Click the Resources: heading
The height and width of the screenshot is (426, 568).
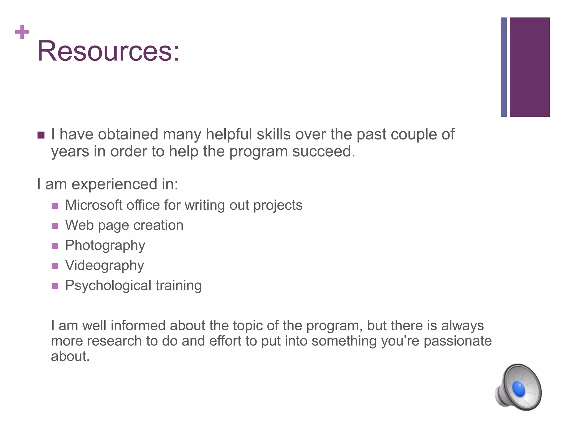pyautogui.click(x=108, y=51)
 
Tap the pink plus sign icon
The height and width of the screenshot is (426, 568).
pyautogui.click(x=22, y=32)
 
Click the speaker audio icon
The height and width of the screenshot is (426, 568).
pyautogui.click(x=518, y=387)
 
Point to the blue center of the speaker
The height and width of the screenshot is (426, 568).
pyautogui.click(x=518, y=389)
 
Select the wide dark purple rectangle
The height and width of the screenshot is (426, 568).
pyautogui.click(x=529, y=67)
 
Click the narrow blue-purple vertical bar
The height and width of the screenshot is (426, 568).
pyautogui.click(x=504, y=67)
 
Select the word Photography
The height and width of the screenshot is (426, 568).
pyautogui.click(x=105, y=245)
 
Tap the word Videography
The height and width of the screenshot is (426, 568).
pyautogui.click(x=105, y=265)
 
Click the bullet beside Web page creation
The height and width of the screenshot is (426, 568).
pyautogui.click(x=55, y=226)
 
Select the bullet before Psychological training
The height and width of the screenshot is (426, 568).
pyautogui.click(x=55, y=286)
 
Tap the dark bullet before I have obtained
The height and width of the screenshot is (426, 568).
pyautogui.click(x=41, y=135)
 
